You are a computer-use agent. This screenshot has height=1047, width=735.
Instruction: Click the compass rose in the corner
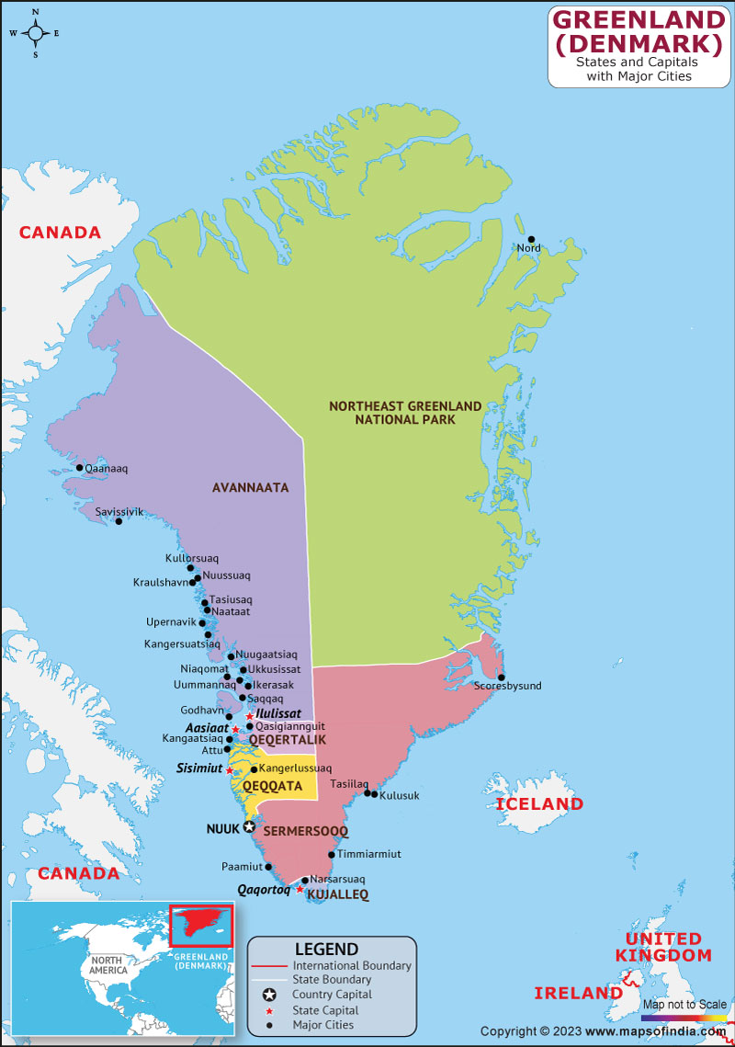(35, 33)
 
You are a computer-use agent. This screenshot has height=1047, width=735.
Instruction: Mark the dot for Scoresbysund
(501, 677)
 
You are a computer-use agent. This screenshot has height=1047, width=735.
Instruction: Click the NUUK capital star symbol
(248, 827)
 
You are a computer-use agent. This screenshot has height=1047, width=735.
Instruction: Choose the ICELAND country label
(539, 804)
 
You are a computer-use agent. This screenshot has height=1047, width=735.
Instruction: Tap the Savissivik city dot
(119, 522)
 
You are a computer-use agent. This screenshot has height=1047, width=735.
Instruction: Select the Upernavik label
(171, 622)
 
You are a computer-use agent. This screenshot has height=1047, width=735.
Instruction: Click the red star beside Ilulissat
(249, 715)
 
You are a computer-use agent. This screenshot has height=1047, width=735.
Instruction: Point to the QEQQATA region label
(272, 786)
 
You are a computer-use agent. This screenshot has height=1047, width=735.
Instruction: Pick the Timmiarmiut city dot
(331, 854)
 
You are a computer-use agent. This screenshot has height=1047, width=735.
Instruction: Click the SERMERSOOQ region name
(306, 831)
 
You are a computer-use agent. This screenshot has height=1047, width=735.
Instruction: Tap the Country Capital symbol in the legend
(269, 995)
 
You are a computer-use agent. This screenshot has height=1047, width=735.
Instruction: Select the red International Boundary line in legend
(269, 966)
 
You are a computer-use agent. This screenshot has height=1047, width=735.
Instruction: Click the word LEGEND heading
(326, 949)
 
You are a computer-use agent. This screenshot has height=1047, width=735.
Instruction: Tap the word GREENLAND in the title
(639, 18)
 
